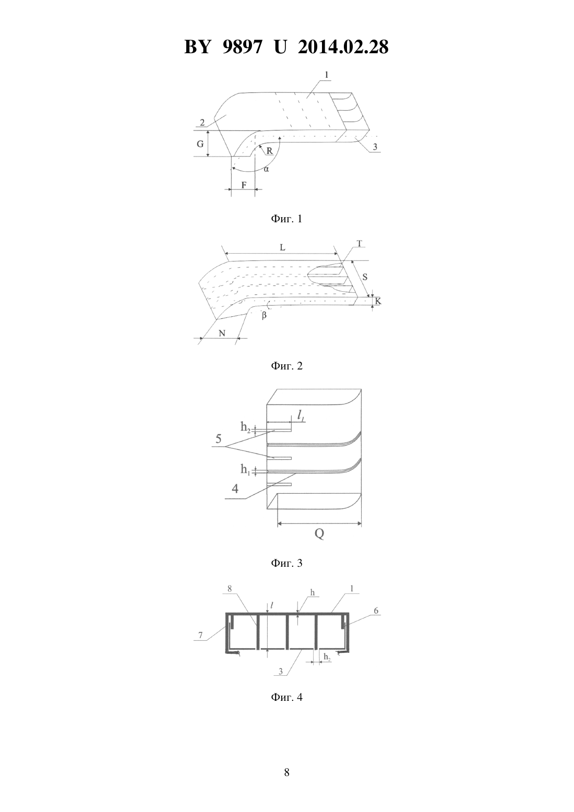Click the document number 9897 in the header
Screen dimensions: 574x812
point(242,47)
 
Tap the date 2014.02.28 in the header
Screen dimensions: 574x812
point(343,47)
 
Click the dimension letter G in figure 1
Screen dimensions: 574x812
point(200,144)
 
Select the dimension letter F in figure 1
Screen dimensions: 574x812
point(244,185)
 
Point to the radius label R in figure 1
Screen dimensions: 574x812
point(269,150)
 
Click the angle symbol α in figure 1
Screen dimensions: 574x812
point(266,169)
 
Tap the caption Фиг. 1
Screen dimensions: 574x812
point(286,219)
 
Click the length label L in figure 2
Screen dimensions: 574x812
point(282,247)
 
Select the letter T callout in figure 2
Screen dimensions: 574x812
point(360,243)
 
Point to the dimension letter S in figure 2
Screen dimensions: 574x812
point(365,277)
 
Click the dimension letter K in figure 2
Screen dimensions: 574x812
point(378,301)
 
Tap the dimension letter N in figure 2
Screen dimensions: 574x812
point(222,333)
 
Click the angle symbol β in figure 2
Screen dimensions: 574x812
point(264,315)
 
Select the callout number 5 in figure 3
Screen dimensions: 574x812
point(219,439)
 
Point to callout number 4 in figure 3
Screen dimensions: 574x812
point(235,488)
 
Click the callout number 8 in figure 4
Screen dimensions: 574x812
point(230,589)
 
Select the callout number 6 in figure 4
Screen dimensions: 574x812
point(376,611)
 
